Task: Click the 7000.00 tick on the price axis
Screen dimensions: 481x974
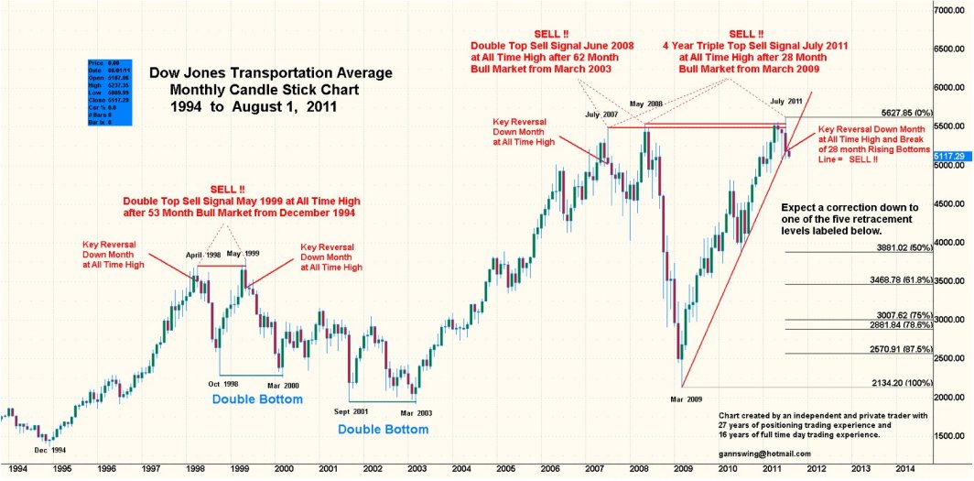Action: tap(952, 9)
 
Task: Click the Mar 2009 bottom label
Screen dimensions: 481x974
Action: tap(687, 399)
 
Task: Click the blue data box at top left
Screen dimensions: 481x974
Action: tap(107, 93)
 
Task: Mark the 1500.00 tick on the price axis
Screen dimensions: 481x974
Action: tap(952, 435)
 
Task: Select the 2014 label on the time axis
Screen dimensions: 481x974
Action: tap(905, 467)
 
